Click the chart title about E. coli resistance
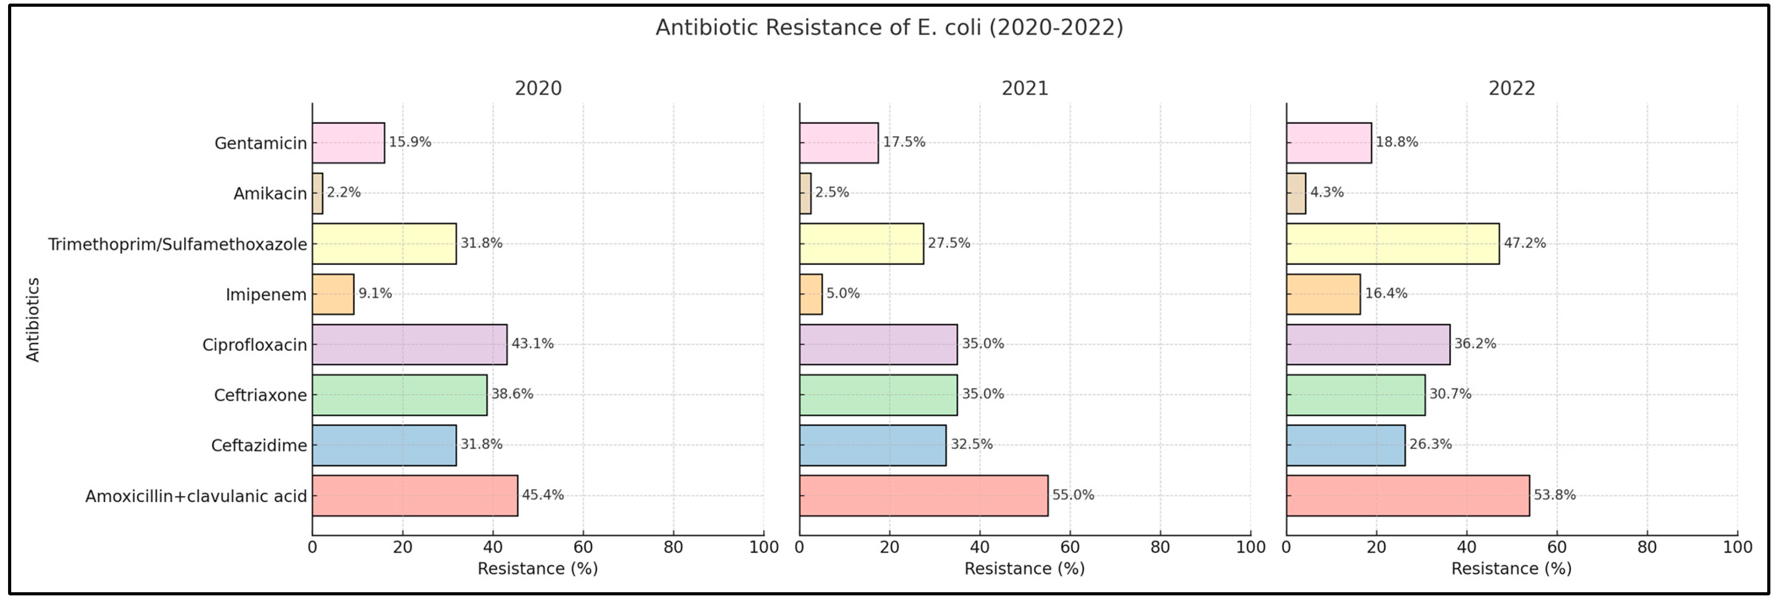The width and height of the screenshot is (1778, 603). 889,28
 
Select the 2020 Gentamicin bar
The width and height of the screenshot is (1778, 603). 348,143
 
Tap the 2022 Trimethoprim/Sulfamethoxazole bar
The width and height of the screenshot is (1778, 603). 1392,244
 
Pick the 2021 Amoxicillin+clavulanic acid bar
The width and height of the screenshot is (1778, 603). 923,495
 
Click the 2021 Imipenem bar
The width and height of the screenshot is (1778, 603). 811,294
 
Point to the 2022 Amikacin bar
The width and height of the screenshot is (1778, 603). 1295,193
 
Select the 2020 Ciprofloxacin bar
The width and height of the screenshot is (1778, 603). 409,345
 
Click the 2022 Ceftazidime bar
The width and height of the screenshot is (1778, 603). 1345,446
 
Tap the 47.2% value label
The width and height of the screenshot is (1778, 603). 1525,243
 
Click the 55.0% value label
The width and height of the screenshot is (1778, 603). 1073,494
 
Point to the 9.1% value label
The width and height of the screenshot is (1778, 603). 375,293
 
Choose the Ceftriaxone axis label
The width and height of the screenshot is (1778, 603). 260,395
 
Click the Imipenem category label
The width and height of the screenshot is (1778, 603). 266,295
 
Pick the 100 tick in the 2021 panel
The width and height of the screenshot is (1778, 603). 1250,548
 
